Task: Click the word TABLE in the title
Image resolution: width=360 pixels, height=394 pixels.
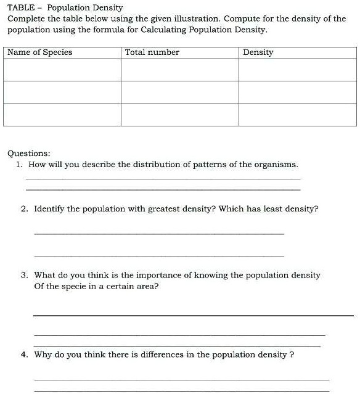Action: tap(20, 8)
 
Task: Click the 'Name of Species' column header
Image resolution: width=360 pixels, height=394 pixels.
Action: tap(40, 52)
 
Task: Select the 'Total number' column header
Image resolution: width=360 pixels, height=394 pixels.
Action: tap(152, 52)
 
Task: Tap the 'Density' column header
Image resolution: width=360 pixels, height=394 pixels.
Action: tap(258, 52)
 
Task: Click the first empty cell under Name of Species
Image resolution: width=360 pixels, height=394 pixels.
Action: tap(62, 70)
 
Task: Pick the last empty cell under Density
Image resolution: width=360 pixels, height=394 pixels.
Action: tap(297, 114)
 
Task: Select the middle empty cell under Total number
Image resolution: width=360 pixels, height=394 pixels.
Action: tap(179, 92)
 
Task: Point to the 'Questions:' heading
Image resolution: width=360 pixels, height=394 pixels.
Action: tap(29, 153)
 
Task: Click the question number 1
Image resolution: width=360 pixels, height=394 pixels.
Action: tap(20, 165)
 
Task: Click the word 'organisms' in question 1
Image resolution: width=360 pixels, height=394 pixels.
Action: tap(278, 165)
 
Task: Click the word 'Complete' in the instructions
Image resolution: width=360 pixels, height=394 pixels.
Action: tap(25, 18)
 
